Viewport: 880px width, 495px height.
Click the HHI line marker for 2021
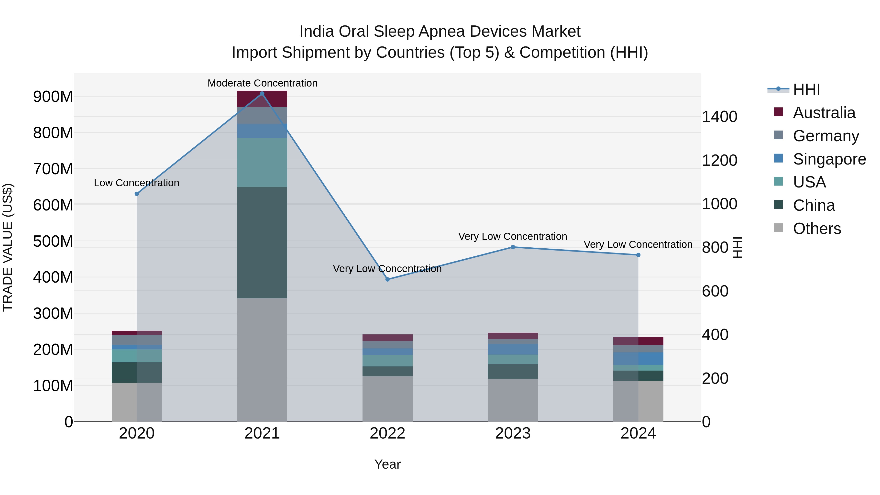coord(262,94)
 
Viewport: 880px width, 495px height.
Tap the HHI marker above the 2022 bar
coord(387,279)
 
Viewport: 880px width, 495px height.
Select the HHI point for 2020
coord(137,194)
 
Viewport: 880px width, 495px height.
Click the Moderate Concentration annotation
coord(262,83)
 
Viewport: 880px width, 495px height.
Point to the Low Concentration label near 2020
coord(136,183)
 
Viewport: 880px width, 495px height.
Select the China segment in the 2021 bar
coord(262,242)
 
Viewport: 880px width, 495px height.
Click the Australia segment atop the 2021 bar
coord(262,99)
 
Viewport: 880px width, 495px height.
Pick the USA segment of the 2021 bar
coord(262,162)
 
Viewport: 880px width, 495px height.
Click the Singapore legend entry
coord(829,159)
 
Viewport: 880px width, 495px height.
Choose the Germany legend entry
coord(826,136)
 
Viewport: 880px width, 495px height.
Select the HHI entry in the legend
coord(806,89)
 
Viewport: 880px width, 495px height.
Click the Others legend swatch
coord(778,228)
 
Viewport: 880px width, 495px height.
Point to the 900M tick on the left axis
coord(53,97)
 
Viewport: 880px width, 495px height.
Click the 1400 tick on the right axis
coord(719,117)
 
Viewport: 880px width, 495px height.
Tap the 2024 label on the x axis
coord(638,433)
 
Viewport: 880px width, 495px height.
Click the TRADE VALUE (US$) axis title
coord(8,247)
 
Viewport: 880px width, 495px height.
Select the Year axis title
coord(387,464)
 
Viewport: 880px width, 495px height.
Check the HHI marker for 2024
coord(638,255)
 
